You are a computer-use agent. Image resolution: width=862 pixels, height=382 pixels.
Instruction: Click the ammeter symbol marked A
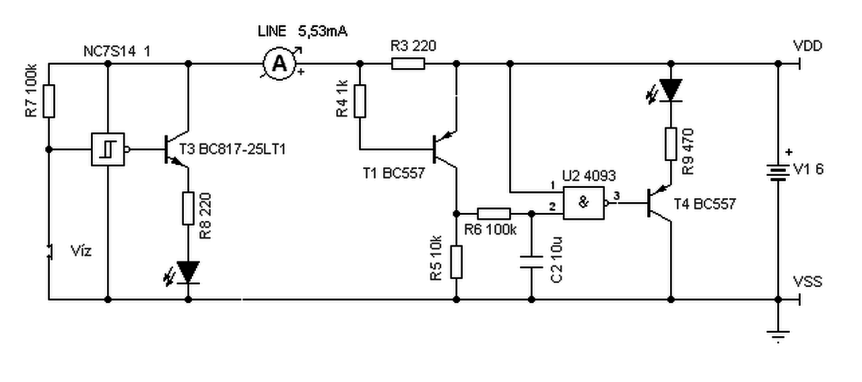coord(279,63)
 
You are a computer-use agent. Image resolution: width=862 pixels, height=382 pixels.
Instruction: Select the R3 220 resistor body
coord(408,63)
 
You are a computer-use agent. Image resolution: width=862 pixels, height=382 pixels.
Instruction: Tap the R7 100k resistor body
coord(49,101)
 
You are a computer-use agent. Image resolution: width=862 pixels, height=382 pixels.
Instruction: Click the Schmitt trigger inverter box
coord(108,150)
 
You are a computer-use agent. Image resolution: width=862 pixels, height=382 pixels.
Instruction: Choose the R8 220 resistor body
coord(188,208)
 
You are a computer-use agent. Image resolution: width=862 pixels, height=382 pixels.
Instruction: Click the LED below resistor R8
coord(187,273)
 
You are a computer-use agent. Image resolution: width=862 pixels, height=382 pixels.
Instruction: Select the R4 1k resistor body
coord(360,101)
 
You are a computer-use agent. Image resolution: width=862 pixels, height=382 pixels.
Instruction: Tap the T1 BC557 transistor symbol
coord(444,150)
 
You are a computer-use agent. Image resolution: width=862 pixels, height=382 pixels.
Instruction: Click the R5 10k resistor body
coord(457,262)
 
